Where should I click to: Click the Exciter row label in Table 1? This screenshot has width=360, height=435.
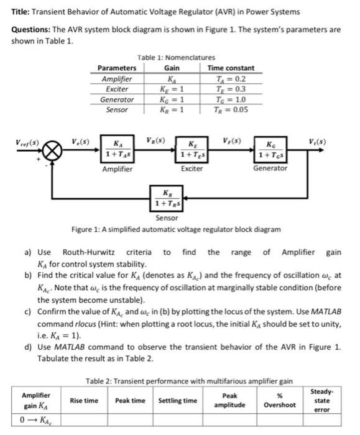118,89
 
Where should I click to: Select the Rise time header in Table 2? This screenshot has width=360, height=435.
83,400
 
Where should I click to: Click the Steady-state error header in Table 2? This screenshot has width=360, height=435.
325,400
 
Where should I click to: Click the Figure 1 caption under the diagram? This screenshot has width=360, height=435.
176,229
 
